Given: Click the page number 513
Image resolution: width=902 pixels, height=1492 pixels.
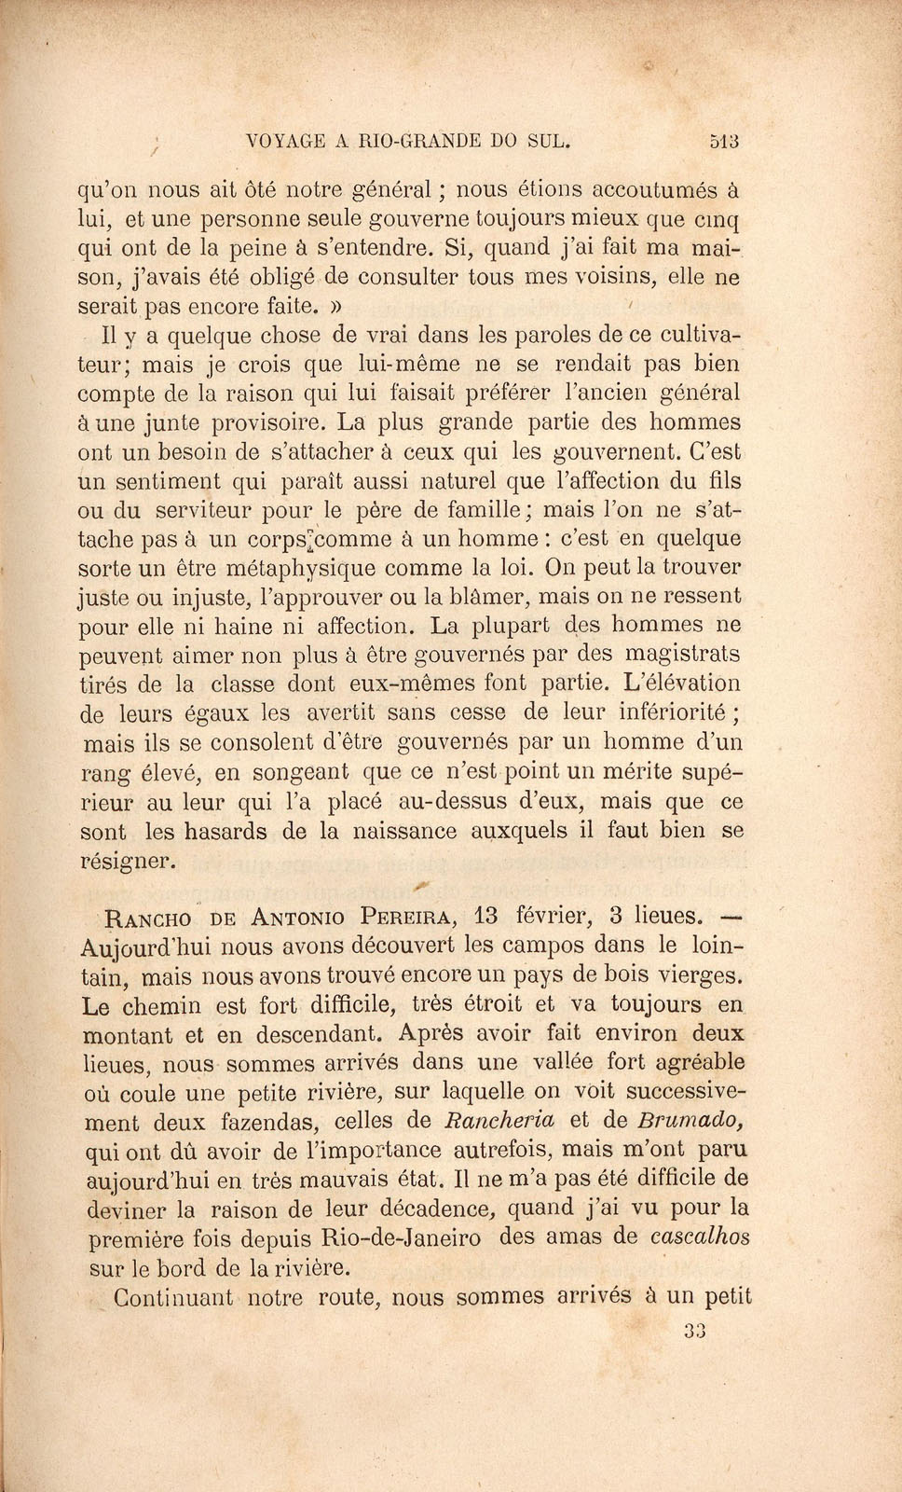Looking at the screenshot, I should (723, 142).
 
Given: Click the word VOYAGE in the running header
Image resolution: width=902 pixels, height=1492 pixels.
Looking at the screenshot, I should (284, 142).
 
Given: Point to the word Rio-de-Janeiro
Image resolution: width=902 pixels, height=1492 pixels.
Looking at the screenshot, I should (401, 1238).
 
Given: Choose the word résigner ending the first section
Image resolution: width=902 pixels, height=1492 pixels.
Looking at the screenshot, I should (128, 861).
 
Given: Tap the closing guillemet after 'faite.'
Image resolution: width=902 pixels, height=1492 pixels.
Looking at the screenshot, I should (337, 305).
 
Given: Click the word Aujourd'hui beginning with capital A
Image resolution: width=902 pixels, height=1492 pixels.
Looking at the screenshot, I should (144, 946).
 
